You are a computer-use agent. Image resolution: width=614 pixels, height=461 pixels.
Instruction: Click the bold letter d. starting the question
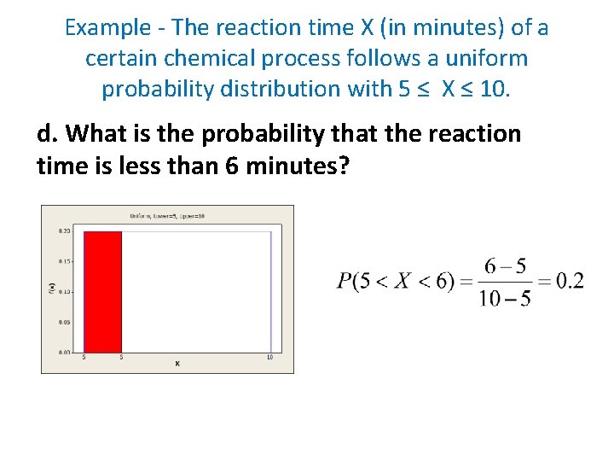coord(49,134)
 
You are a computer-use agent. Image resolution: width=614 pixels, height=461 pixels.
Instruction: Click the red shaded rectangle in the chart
coord(102,290)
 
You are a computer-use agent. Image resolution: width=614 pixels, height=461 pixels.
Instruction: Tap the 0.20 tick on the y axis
coord(64,231)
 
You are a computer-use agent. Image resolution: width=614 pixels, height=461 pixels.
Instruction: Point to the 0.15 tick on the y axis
coord(64,261)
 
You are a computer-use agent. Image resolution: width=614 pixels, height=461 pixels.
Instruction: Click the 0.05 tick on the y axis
coord(64,322)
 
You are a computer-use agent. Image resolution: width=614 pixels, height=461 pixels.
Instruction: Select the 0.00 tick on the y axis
coord(64,352)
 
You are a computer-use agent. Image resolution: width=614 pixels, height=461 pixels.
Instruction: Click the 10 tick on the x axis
coord(270,357)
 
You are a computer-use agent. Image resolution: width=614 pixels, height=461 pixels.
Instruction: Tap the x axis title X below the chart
coord(177,365)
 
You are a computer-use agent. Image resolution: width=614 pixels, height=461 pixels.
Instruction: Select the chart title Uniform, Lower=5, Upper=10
coord(168,216)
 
